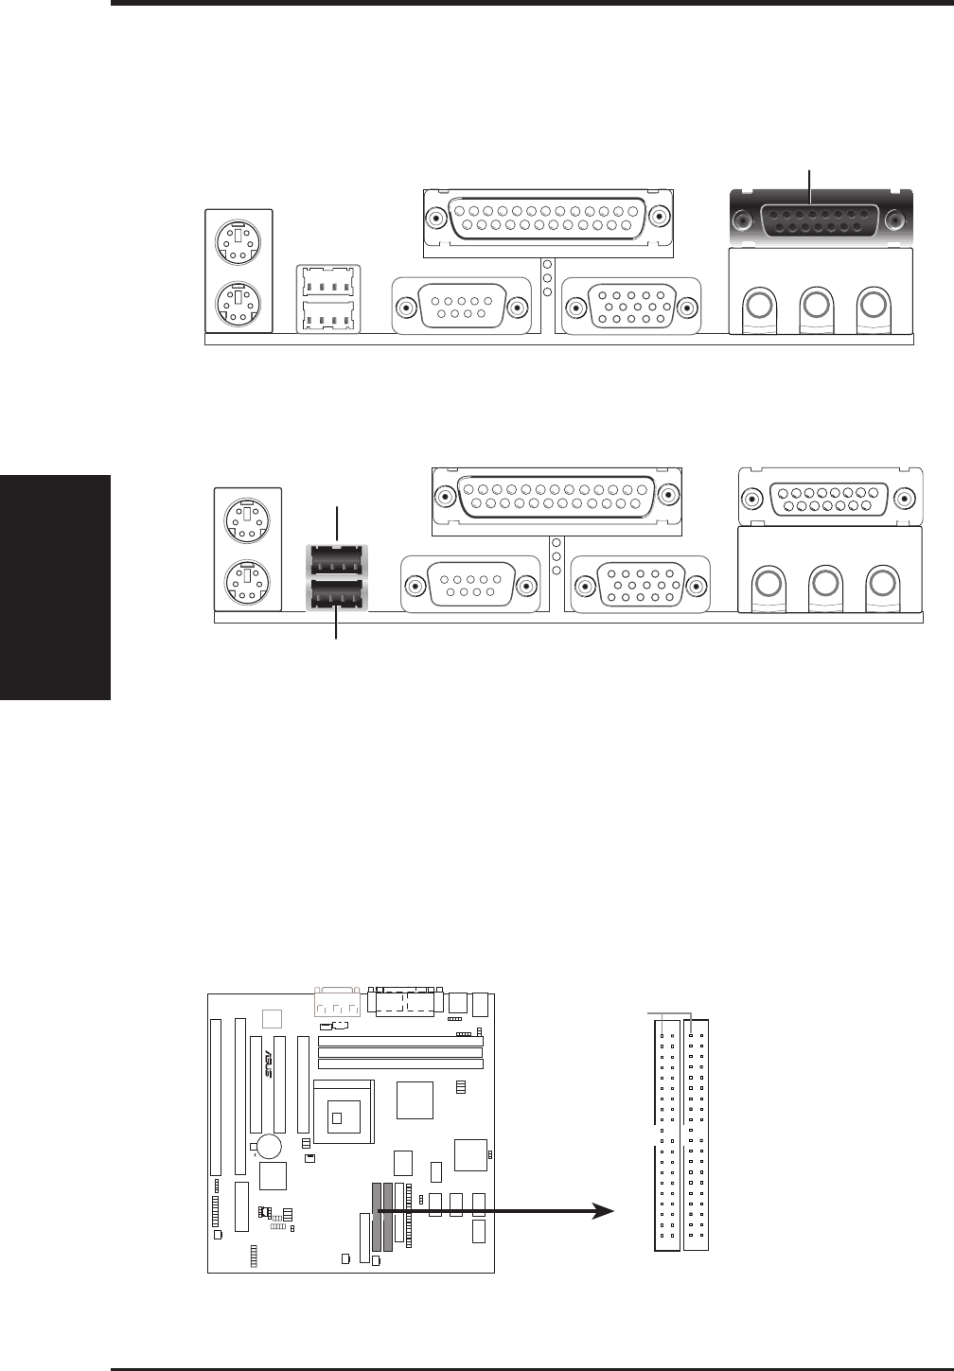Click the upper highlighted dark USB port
[x=337, y=560]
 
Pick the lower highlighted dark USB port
[x=337, y=596]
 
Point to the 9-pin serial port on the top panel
[x=461, y=307]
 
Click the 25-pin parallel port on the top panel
[x=548, y=218]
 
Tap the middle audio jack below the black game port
[x=816, y=305]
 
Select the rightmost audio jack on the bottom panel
[x=882, y=582]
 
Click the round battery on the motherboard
[x=269, y=1146]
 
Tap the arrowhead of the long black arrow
[x=602, y=1211]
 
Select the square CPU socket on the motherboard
[x=343, y=1113]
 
